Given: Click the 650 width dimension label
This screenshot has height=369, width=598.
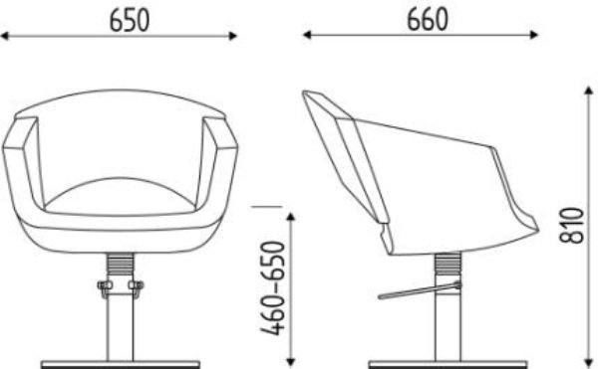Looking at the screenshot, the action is coord(130,20).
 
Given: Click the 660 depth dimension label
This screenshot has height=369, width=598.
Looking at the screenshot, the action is coord(428,20).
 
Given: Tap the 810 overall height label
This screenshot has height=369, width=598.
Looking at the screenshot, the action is coord(572,225).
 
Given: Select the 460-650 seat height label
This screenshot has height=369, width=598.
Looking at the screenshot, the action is coord(273,288).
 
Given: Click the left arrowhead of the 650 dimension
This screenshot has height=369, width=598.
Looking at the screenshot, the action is coord(5,36).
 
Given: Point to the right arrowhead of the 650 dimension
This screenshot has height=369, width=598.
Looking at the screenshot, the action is coord(232,36).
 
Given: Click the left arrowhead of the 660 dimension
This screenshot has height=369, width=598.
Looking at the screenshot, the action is coord(307,35).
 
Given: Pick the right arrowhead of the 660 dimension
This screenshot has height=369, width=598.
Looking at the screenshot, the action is coord(533,35).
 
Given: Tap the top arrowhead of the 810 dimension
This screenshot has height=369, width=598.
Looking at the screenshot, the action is coord(588,91).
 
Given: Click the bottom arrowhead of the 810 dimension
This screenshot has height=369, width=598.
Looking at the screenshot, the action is coord(588,362).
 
